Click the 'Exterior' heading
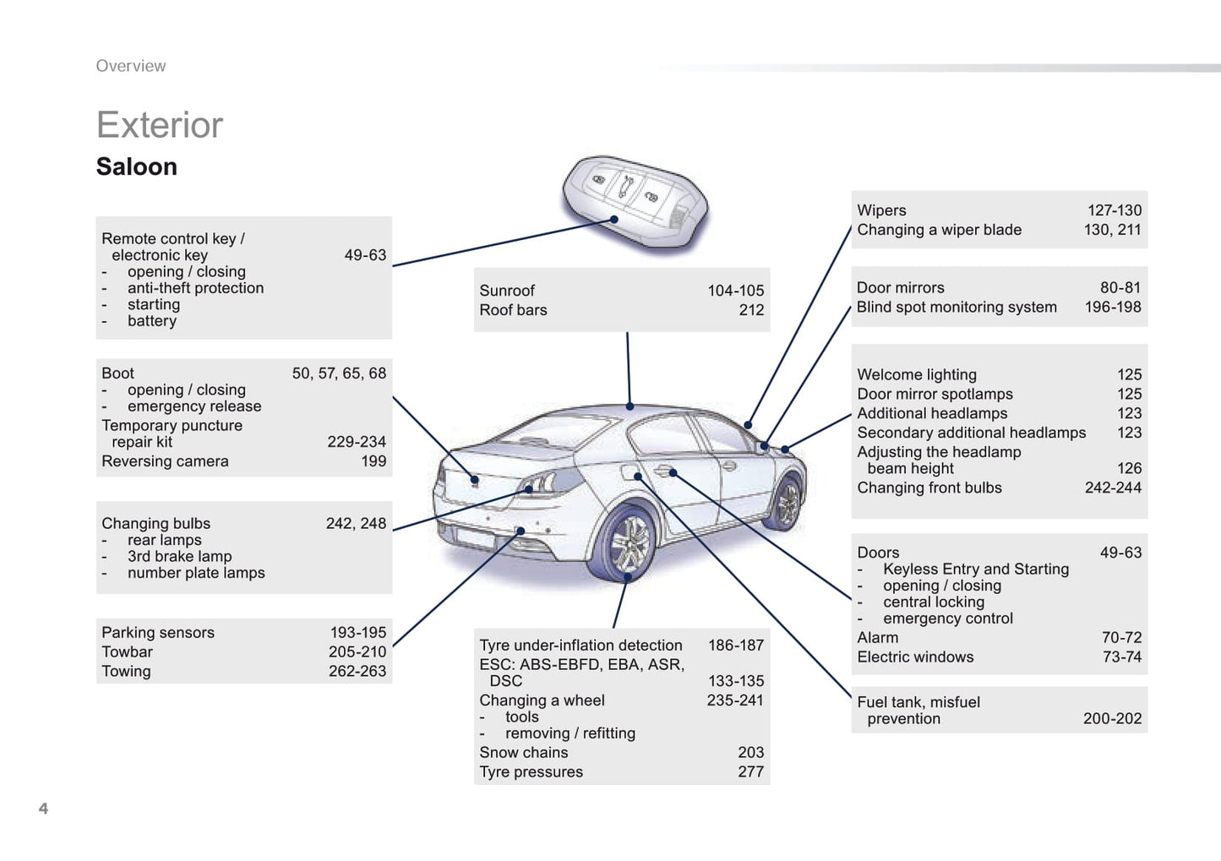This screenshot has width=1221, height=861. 160,125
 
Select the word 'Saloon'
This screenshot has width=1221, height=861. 137,166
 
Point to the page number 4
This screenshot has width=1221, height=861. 43,809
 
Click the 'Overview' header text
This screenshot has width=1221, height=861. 131,66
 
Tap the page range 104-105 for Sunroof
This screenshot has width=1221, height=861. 735,291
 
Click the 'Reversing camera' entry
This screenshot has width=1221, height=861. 165,461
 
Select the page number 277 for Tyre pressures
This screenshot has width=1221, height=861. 750,771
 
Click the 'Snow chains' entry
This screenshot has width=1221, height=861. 524,752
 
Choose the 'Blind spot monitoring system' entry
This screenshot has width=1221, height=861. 957,307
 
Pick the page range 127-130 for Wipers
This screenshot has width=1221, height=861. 1114,210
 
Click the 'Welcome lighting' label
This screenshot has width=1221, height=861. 917,374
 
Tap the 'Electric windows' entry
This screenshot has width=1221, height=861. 915,657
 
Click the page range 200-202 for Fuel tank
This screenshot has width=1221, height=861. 1112,718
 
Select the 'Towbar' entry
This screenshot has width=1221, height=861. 128,651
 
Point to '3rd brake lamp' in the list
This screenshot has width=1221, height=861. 179,556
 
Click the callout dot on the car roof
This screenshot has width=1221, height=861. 630,406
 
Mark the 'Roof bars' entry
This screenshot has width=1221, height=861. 513,310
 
